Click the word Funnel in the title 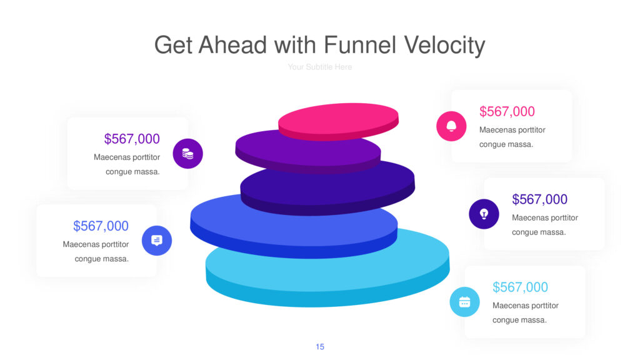(x=359, y=45)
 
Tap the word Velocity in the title (x=444, y=46)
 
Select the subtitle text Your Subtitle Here (x=319, y=67)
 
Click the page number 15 (x=320, y=346)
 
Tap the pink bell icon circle (x=451, y=126)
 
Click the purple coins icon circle (x=187, y=154)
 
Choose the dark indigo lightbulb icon (x=484, y=214)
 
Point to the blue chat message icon (x=157, y=241)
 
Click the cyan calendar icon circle (x=464, y=302)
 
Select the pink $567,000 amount (x=507, y=111)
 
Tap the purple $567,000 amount (x=132, y=139)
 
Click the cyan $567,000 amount (x=520, y=287)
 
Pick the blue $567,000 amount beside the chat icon (x=101, y=226)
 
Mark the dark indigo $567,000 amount (x=539, y=199)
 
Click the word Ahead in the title (x=232, y=45)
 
